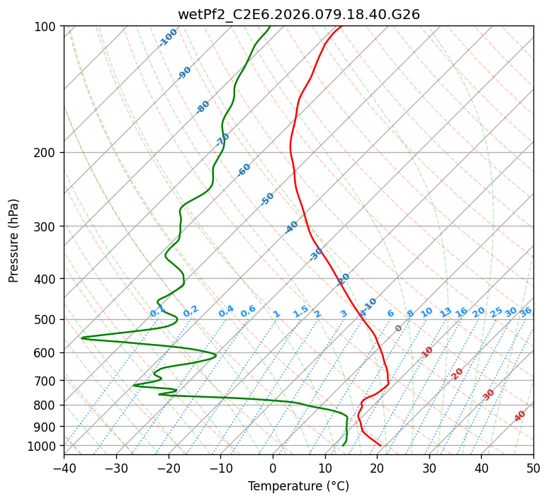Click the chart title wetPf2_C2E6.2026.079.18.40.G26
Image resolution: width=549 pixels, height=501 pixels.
coord(298,14)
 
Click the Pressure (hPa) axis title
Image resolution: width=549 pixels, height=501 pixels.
coord(14,240)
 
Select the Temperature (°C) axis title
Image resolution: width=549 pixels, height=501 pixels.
coord(298,486)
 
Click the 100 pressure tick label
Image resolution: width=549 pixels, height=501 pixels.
coord(47,26)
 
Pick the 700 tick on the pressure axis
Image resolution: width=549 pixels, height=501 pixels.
coord(47,381)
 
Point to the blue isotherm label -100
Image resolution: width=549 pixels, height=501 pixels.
coord(169,37)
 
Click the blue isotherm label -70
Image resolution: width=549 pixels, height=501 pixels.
coord(222,139)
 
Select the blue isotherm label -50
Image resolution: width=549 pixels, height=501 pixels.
coord(267,199)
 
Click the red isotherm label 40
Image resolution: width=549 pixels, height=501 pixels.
coord(520,416)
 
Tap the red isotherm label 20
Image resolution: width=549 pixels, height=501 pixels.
coord(458,373)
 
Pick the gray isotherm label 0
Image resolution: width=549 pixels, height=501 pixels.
coord(399,328)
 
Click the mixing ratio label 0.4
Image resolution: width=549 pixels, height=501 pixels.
coord(226,311)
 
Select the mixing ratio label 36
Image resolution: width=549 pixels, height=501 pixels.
coord(526,311)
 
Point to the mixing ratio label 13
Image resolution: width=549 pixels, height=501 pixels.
coord(446,312)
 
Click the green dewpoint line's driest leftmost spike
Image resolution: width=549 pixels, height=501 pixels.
coord(82,338)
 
